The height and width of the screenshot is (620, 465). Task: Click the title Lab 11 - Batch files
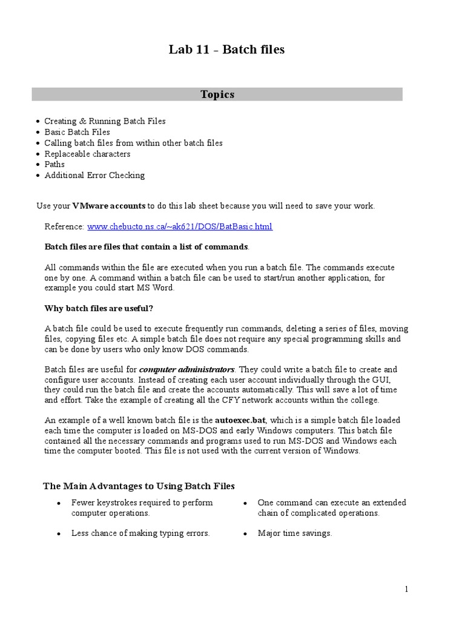pyautogui.click(x=226, y=50)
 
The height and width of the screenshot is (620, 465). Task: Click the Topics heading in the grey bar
pyautogui.click(x=217, y=94)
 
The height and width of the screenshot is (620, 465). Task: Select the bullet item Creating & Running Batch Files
pyautogui.click(x=105, y=121)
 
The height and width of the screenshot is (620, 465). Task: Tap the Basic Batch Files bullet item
pyautogui.click(x=77, y=132)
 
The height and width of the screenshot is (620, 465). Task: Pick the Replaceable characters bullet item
pyautogui.click(x=87, y=154)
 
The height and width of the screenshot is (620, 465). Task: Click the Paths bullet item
pyautogui.click(x=54, y=164)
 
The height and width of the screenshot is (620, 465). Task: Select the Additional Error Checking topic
pyautogui.click(x=94, y=175)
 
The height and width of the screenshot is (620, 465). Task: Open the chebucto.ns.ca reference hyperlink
pyautogui.click(x=180, y=226)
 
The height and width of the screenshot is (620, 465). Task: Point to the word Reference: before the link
pyautogui.click(x=64, y=226)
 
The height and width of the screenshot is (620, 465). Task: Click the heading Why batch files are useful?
pyautogui.click(x=99, y=308)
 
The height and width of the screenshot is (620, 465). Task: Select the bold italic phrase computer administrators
pyautogui.click(x=186, y=369)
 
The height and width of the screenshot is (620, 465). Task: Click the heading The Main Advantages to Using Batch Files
pyautogui.click(x=139, y=486)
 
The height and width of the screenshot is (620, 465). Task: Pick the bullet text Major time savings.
pyautogui.click(x=294, y=533)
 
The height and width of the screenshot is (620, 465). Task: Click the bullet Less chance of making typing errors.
pyautogui.click(x=140, y=533)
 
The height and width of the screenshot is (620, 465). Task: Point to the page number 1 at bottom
pyautogui.click(x=407, y=589)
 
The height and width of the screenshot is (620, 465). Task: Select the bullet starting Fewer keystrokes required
pyautogui.click(x=142, y=507)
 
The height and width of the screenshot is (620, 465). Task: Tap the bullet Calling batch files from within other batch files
pyautogui.click(x=133, y=143)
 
